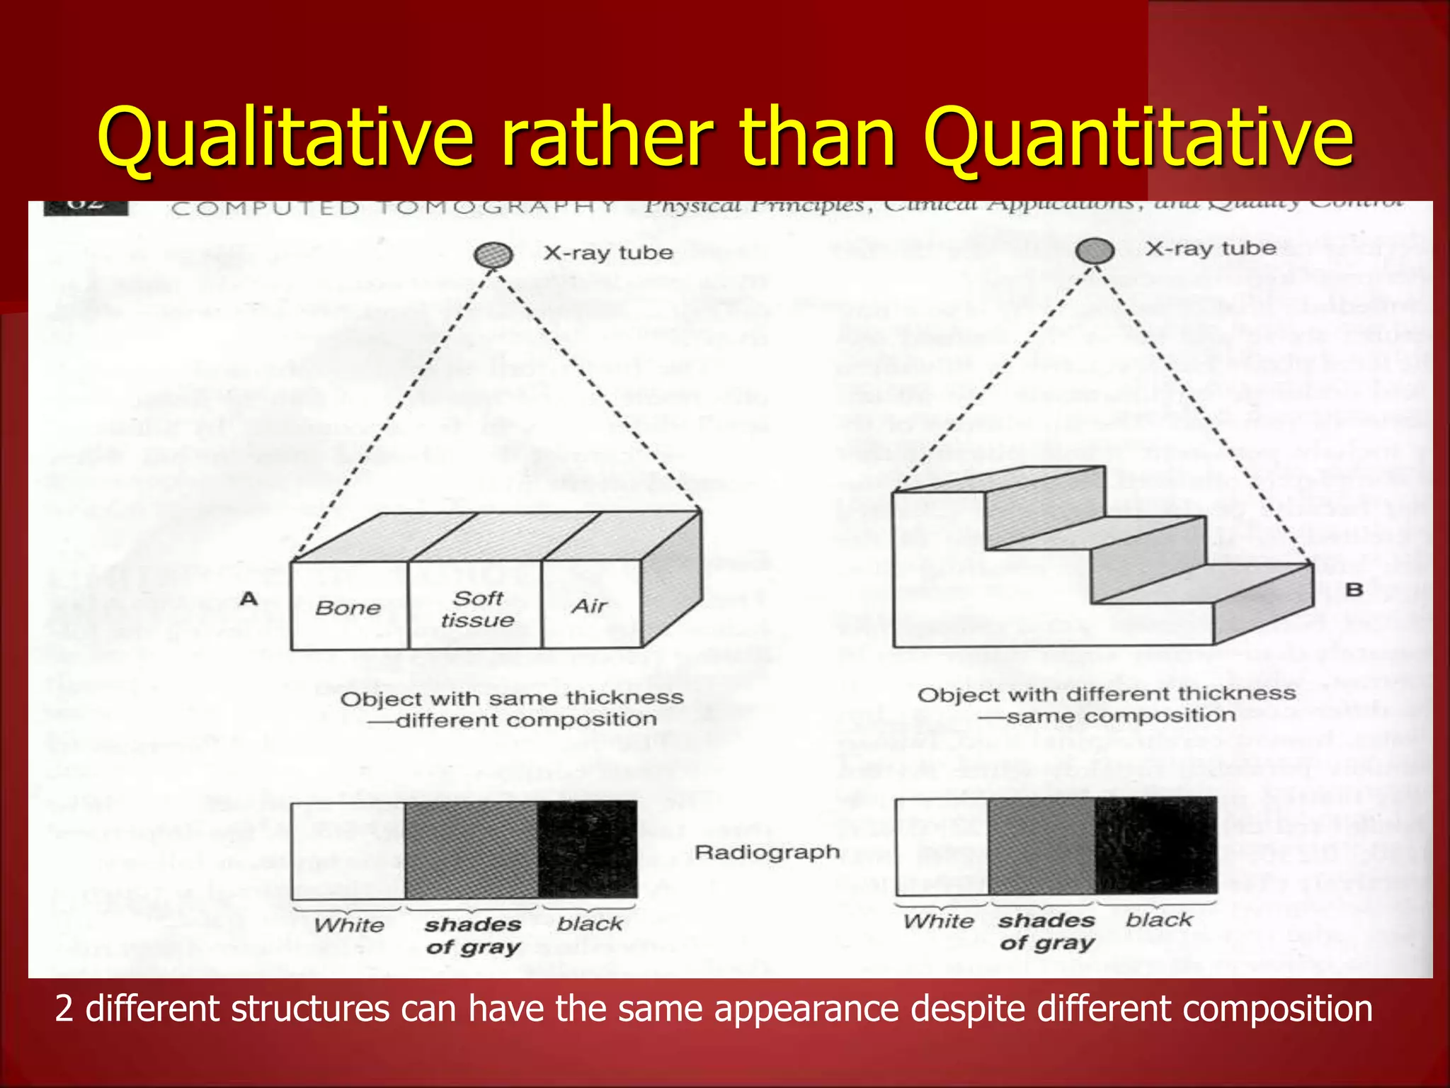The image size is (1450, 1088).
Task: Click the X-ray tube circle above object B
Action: pyautogui.click(x=1095, y=250)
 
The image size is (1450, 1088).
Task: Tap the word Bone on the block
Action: pyautogui.click(x=348, y=608)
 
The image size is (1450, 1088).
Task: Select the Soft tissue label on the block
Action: pyautogui.click(x=477, y=609)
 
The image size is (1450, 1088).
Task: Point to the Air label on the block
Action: pyautogui.click(x=590, y=606)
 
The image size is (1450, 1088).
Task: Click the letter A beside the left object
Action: pyautogui.click(x=248, y=599)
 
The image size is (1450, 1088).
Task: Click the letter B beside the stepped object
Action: pyautogui.click(x=1354, y=589)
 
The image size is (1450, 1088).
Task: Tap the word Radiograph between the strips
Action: pyautogui.click(x=767, y=851)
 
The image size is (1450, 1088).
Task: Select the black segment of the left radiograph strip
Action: pyautogui.click(x=588, y=849)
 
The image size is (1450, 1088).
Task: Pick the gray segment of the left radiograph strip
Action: pyautogui.click(x=472, y=850)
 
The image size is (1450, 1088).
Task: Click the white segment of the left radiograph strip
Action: pyautogui.click(x=348, y=850)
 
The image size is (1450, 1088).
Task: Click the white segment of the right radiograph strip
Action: pyautogui.click(x=942, y=846)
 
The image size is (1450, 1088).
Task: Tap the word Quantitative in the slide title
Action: pyautogui.click(x=1138, y=136)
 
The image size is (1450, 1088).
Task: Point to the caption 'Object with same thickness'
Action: pyautogui.click(x=512, y=698)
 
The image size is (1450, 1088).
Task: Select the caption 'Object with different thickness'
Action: pyautogui.click(x=1107, y=694)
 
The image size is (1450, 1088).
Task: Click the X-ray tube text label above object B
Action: pyautogui.click(x=1211, y=249)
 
